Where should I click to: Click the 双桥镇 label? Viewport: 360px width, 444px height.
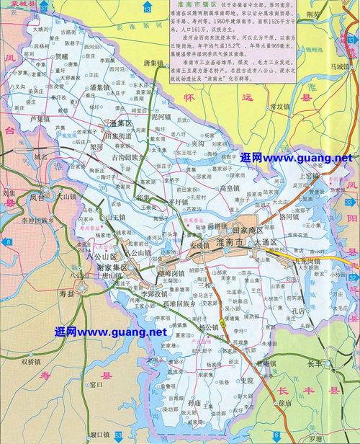point(34,360)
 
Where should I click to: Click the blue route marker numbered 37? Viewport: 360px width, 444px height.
point(44,7)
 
